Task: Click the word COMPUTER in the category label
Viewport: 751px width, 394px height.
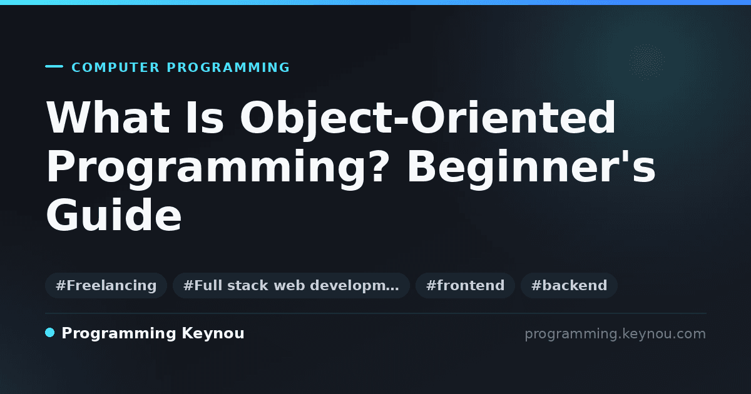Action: tap(115, 68)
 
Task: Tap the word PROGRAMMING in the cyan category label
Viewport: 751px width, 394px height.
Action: tap(228, 68)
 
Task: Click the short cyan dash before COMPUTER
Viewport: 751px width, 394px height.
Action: tap(54, 66)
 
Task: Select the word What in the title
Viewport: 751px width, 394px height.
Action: tap(108, 118)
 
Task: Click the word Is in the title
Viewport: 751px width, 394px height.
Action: tap(205, 118)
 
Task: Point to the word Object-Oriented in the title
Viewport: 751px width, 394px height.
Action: tap(428, 119)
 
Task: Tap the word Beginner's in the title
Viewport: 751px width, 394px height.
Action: tap(531, 169)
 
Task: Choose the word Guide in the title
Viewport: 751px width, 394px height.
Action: tap(114, 215)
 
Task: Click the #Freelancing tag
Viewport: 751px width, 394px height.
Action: tap(106, 285)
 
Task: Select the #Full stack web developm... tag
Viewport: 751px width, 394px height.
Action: tap(291, 285)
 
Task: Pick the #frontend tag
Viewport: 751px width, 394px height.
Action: tap(465, 285)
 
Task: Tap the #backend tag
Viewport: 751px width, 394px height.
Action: tap(569, 285)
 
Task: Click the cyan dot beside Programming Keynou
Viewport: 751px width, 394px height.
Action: tap(50, 333)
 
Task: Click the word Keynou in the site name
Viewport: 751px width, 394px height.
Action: tap(213, 334)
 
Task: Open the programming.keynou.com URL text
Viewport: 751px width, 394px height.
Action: tap(615, 334)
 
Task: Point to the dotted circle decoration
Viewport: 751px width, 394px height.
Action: tap(646, 62)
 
